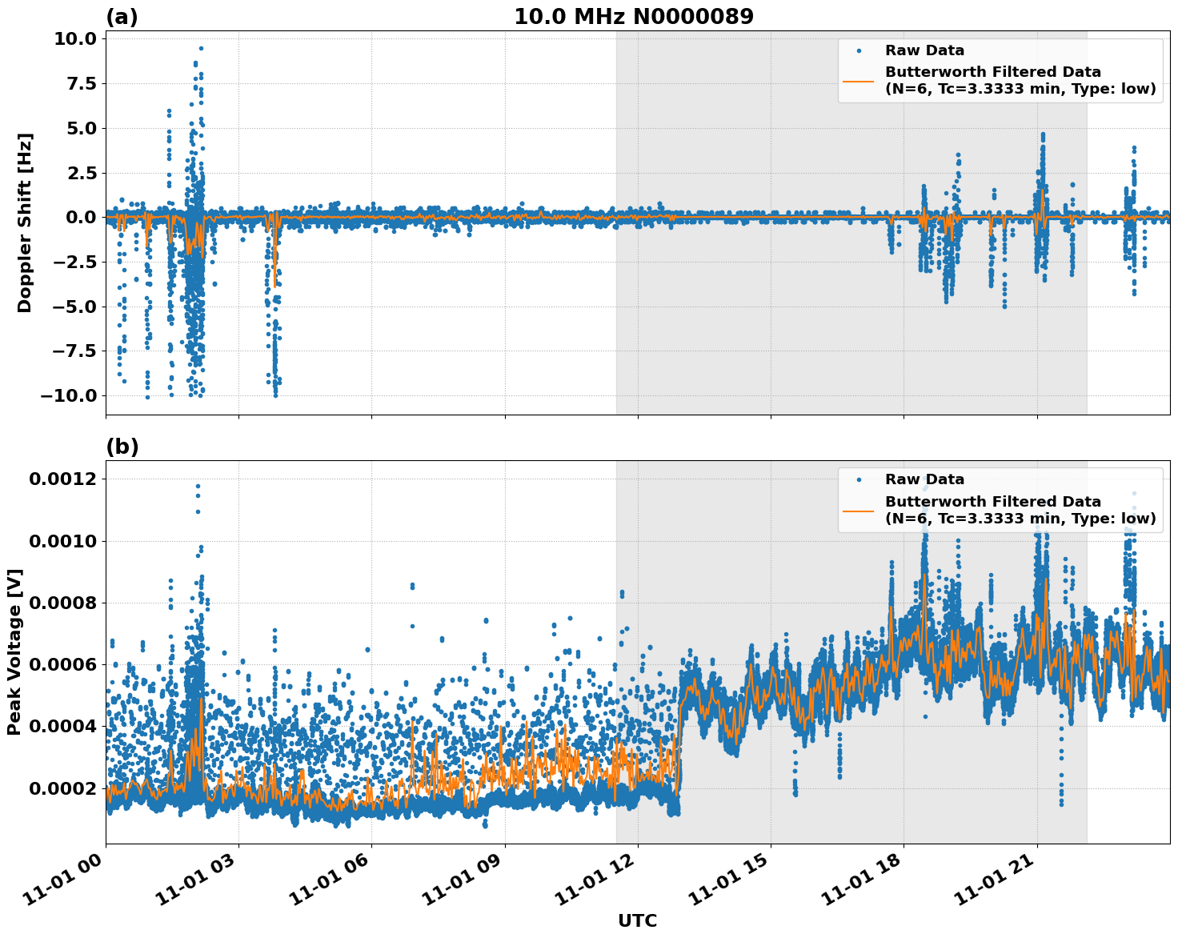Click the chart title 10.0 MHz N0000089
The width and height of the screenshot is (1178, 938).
(x=633, y=17)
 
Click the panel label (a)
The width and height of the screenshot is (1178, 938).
(x=122, y=17)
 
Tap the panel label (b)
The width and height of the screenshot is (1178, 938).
(x=122, y=447)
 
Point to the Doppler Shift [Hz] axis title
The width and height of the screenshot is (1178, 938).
(x=25, y=222)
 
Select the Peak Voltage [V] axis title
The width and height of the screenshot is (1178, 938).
(x=14, y=651)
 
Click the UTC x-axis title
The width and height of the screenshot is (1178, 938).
(x=637, y=920)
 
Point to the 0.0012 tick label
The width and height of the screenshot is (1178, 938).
(x=62, y=479)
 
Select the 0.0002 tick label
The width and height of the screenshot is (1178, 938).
(x=62, y=789)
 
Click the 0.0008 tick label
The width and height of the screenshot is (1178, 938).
(x=62, y=603)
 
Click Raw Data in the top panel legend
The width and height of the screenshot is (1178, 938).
(x=924, y=50)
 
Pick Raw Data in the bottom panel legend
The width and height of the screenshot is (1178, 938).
(x=924, y=479)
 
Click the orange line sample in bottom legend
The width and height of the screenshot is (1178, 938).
(x=859, y=510)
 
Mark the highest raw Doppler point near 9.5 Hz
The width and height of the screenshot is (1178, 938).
(x=201, y=48)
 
